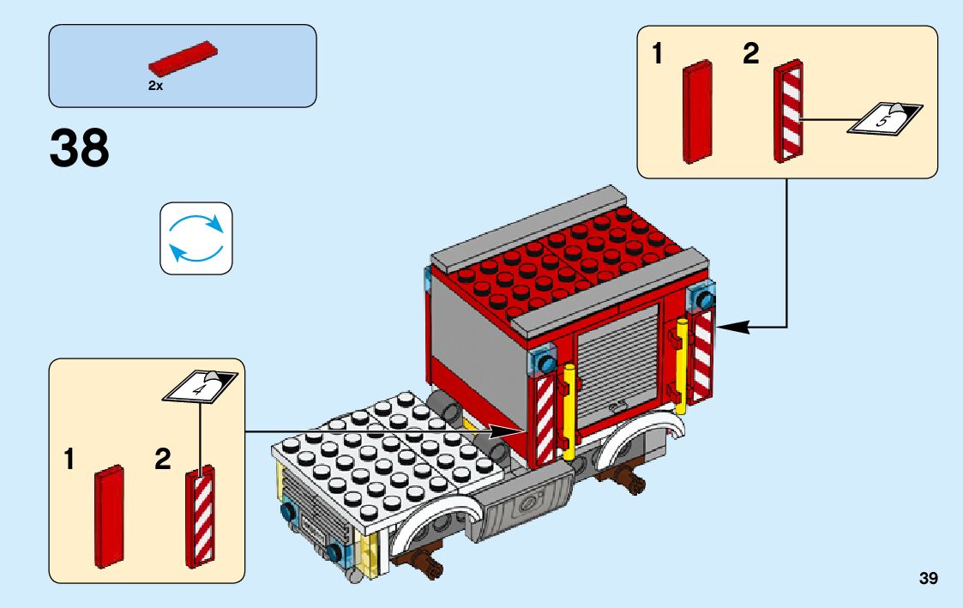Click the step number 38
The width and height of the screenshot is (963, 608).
point(80,149)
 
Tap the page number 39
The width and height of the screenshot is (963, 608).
point(928,579)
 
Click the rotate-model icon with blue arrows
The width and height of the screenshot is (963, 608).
point(196,238)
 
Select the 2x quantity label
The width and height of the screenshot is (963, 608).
point(155,87)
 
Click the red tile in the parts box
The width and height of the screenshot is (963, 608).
point(183,59)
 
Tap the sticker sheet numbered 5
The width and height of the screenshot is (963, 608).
point(884,118)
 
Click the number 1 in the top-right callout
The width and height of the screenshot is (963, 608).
point(658,56)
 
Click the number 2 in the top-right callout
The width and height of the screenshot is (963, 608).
point(750,56)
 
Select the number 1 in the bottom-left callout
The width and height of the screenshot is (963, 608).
point(69,461)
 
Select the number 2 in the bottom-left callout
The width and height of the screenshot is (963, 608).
point(163,461)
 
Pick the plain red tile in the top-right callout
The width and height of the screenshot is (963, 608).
point(699,111)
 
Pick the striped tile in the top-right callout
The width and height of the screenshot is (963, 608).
point(789,111)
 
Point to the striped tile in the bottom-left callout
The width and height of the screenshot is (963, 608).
point(201,516)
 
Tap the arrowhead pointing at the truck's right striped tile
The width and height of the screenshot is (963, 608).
point(728,327)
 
